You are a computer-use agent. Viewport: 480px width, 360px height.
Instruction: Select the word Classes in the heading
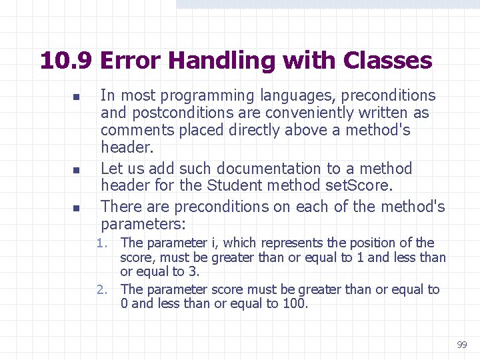pyautogui.click(x=387, y=61)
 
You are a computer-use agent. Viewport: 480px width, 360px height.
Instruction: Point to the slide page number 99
pyautogui.click(x=462, y=345)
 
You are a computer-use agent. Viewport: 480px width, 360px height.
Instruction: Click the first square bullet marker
pyautogui.click(x=76, y=97)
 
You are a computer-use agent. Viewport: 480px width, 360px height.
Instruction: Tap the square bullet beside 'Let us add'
pyautogui.click(x=76, y=170)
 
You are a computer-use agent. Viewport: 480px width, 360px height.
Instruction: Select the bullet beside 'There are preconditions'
pyautogui.click(x=76, y=209)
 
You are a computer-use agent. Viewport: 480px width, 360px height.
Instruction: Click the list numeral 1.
pyautogui.click(x=101, y=243)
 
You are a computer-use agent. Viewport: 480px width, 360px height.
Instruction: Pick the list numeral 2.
pyautogui.click(x=101, y=289)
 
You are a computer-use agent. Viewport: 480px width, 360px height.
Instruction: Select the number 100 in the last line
pyautogui.click(x=293, y=304)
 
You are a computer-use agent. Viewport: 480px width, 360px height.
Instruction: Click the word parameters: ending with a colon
pyautogui.click(x=143, y=223)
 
